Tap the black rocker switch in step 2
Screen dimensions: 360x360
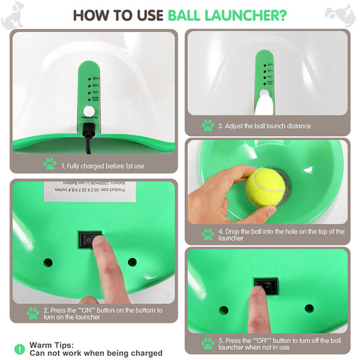[91, 239]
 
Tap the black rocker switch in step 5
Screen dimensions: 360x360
[264, 286]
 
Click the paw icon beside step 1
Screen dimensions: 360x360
[49, 163]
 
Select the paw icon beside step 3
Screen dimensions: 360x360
[207, 126]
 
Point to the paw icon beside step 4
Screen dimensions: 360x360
[207, 234]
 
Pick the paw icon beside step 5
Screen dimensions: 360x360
[207, 343]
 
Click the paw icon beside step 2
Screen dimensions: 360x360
[32, 313]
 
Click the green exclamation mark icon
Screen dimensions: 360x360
[19, 349]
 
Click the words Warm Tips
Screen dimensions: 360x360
[53, 345]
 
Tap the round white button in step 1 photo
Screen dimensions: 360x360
[86, 112]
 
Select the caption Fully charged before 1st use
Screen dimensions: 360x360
[103, 164]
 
